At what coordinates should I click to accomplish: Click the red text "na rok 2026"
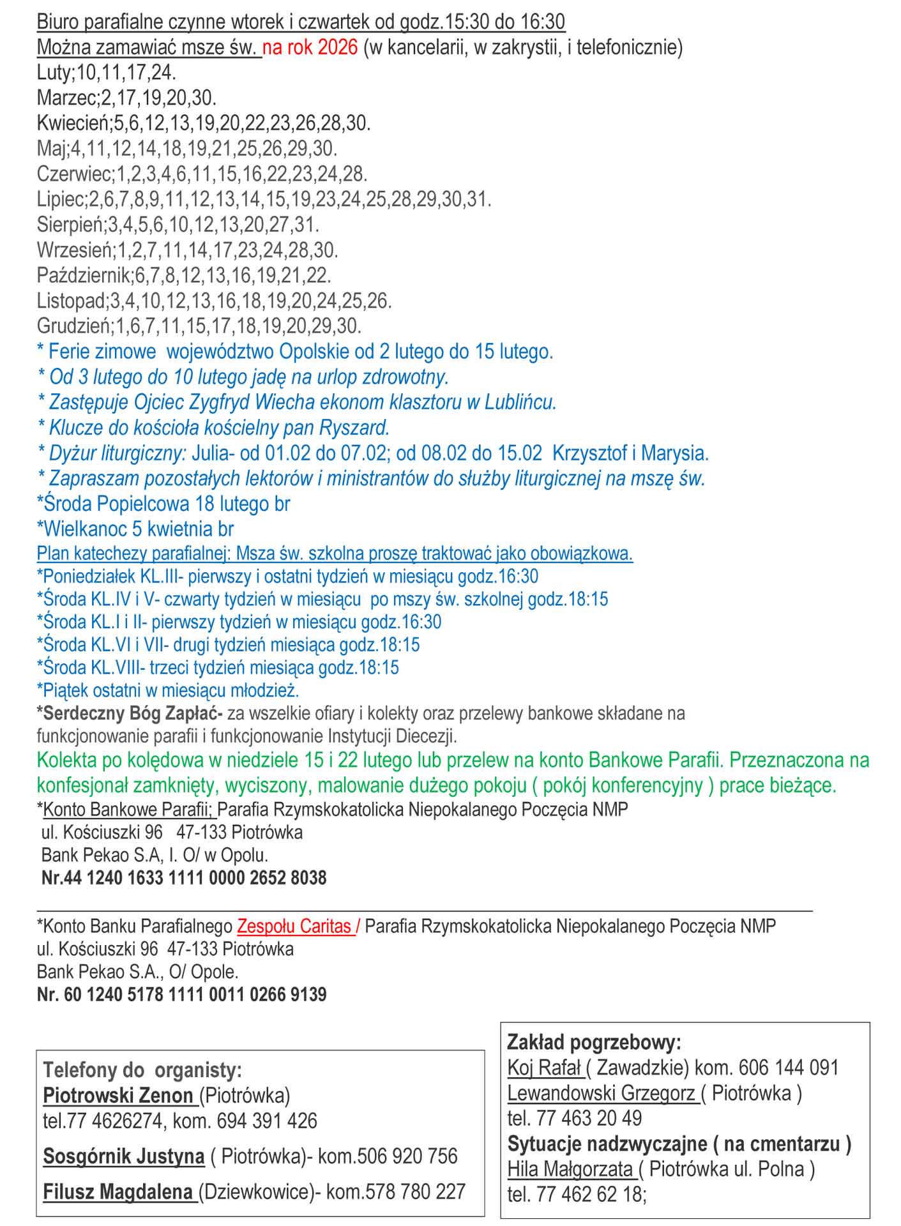pos(310,48)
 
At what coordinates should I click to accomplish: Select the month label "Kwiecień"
pos(73,123)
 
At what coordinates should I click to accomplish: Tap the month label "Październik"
pos(83,276)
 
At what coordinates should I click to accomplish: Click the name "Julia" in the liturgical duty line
pos(210,454)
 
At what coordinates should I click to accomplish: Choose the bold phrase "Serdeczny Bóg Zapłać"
pos(133,713)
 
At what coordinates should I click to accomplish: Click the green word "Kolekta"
pos(69,761)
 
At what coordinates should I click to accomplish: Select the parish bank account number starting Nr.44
pos(184,878)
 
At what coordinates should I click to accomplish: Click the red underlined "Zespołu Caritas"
pos(294,927)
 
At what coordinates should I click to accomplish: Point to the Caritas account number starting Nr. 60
pos(182,994)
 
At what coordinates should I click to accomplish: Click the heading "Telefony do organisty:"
pos(142,1070)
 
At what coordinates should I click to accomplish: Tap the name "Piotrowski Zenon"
pos(118,1096)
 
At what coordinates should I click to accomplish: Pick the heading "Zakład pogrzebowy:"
pos(594,1043)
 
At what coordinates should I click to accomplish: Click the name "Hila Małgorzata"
pos(570,1169)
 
